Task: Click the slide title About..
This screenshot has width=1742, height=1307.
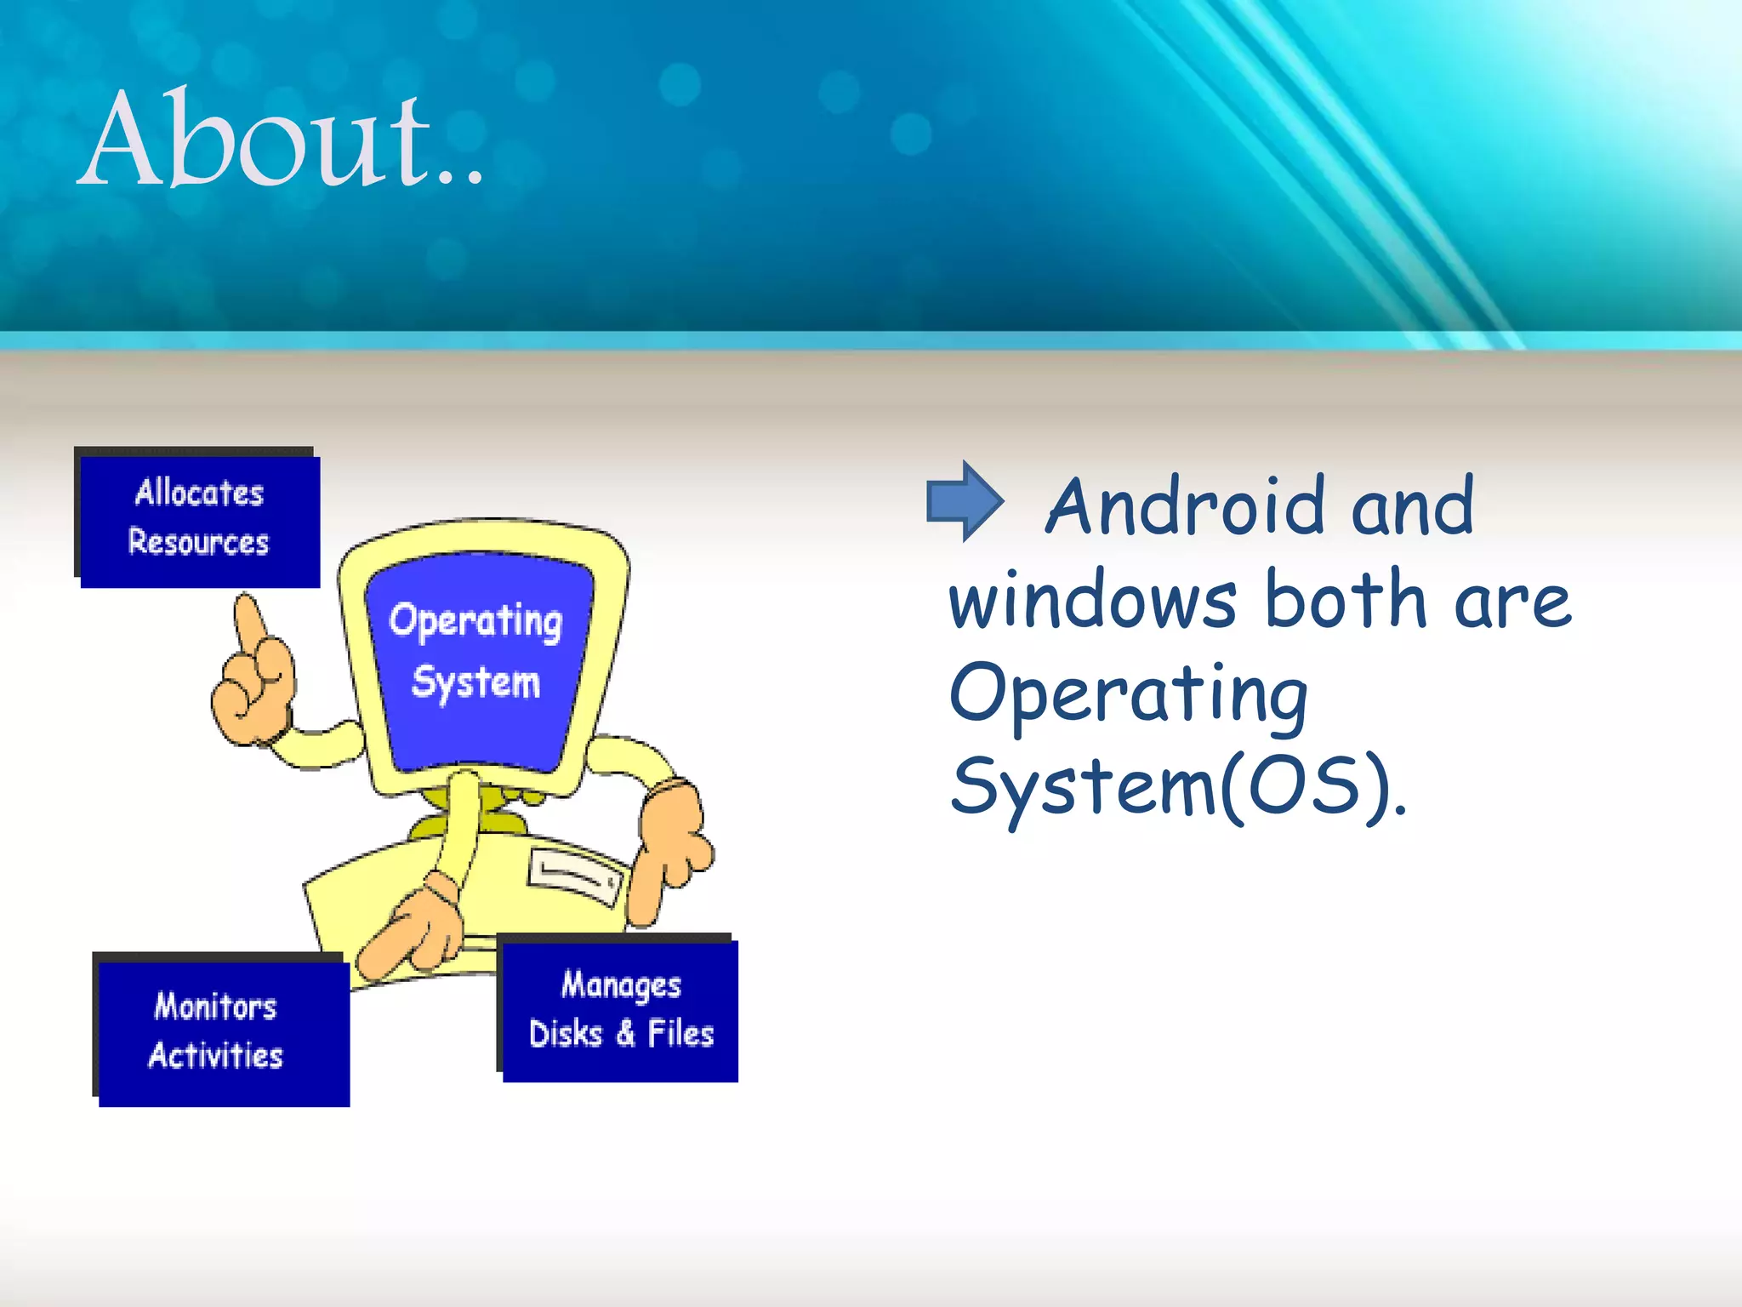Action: pyautogui.click(x=281, y=140)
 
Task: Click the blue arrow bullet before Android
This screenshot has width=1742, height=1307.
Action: pyautogui.click(x=965, y=501)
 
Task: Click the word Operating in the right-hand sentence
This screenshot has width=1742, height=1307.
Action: pyautogui.click(x=1128, y=696)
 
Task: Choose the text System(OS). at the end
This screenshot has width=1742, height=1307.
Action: pyautogui.click(x=1177, y=787)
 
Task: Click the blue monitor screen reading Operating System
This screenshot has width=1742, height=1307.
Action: pyautogui.click(x=477, y=655)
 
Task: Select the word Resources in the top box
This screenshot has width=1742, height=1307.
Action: pyautogui.click(x=198, y=543)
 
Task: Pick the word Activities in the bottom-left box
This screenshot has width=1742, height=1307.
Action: pyautogui.click(x=215, y=1056)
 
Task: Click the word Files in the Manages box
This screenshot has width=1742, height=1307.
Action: pyautogui.click(x=680, y=1034)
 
